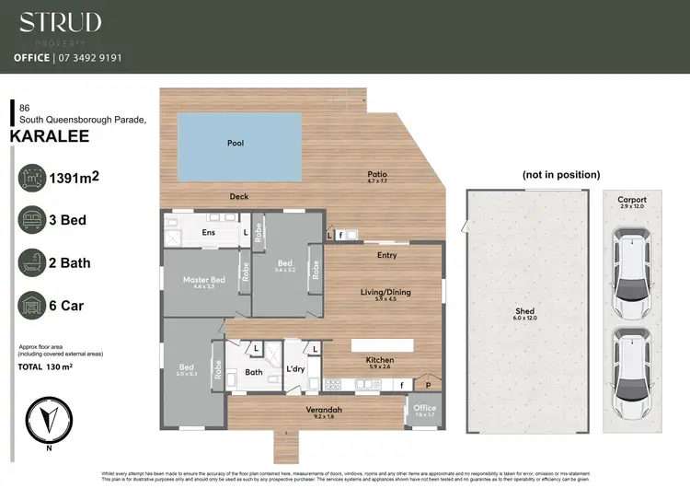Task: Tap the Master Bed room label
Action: point(203,279)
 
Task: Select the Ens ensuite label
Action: point(209,233)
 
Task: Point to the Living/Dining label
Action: point(385,292)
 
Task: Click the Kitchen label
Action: point(380,359)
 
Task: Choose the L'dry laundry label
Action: point(295,369)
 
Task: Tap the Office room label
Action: point(424,408)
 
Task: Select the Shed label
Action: point(524,312)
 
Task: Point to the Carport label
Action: point(632,200)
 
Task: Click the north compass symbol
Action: point(47,418)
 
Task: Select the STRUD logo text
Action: point(61,22)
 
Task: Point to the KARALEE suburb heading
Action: point(50,135)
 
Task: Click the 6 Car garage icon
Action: point(32,306)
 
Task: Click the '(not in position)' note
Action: point(561,174)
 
